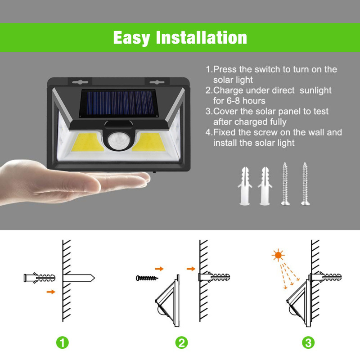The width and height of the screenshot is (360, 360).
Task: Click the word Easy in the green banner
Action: click(132, 38)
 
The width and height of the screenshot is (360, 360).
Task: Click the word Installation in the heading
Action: click(201, 37)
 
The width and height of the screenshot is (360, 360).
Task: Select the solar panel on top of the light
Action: click(119, 103)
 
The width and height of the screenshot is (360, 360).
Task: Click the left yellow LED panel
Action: click(87, 142)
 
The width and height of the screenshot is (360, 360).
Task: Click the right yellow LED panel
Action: click(149, 142)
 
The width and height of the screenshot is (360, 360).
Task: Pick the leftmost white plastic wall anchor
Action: click(244, 186)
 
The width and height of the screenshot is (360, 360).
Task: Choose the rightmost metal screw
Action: click(305, 184)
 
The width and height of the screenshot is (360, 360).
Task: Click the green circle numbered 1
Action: click(63, 342)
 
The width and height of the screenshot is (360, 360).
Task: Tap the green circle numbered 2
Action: click(181, 342)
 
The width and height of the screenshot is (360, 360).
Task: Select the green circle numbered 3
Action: click(308, 342)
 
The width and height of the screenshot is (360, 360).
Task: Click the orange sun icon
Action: click(278, 255)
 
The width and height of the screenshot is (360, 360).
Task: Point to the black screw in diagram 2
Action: click(147, 278)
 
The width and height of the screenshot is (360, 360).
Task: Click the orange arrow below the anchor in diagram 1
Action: click(51, 292)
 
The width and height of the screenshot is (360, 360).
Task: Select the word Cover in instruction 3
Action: click(225, 111)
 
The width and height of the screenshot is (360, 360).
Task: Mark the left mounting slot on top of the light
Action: click(80, 82)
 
